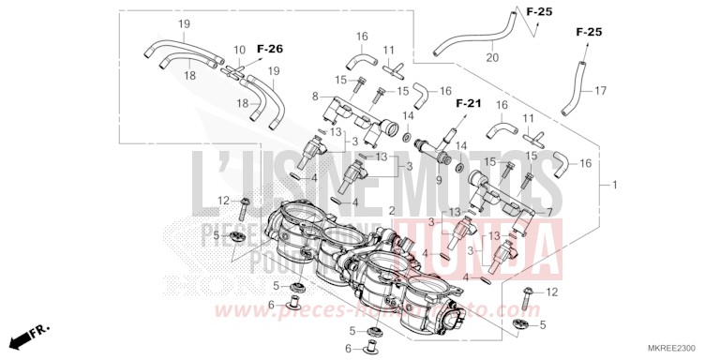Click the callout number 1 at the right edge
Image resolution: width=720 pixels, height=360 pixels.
(615, 185)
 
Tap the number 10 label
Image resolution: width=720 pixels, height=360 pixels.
(239, 50)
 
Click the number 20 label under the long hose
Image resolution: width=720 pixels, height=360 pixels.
(492, 58)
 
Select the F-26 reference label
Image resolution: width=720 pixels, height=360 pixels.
(269, 48)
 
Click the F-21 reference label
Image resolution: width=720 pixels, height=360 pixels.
(468, 101)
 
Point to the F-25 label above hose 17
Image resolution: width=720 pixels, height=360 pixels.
(589, 33)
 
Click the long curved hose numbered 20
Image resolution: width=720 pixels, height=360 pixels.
(473, 35)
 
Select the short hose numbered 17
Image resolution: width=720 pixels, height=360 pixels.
(573, 85)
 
